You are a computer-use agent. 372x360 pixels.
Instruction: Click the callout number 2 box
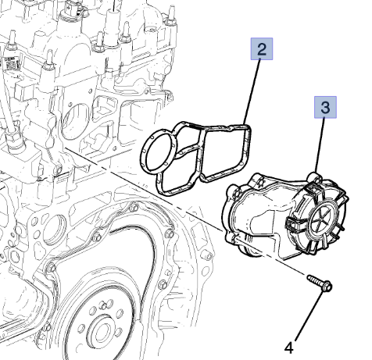[262, 51]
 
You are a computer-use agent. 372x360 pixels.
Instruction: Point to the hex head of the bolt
[327, 287]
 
